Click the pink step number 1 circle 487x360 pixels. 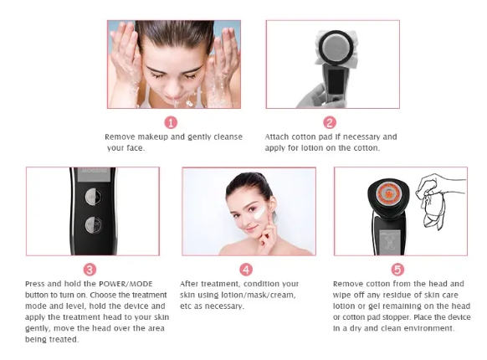[x=171, y=122]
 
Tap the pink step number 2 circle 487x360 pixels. [x=330, y=122]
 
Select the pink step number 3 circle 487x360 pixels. [x=90, y=270]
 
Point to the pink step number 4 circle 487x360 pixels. [x=246, y=270]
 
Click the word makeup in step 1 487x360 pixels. [x=152, y=136]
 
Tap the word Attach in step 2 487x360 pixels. [x=279, y=136]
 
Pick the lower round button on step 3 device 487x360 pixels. [x=92, y=224]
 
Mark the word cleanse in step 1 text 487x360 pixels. [x=227, y=136]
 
